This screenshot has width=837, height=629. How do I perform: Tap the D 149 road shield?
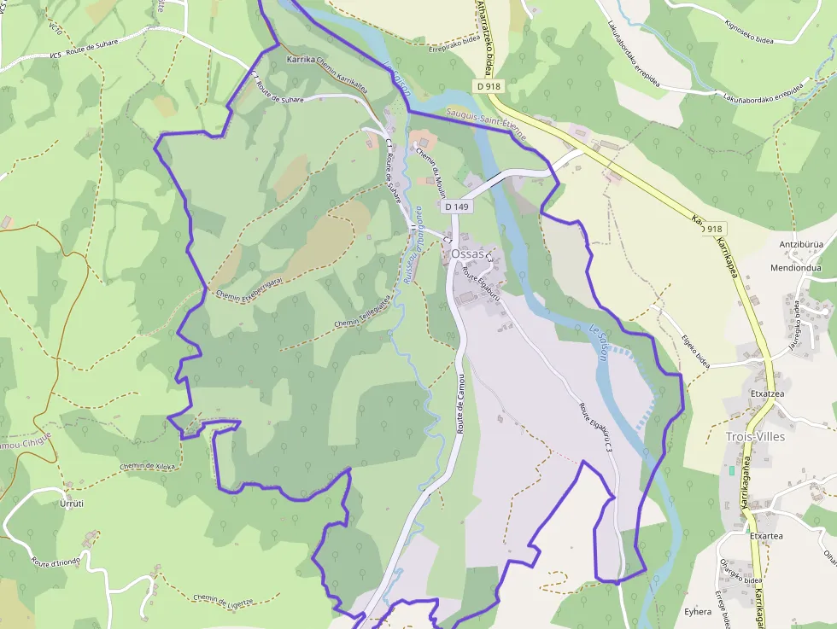coord(458,207)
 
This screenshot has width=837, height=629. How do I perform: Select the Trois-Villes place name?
coord(754,436)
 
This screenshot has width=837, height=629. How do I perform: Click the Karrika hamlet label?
coord(300,61)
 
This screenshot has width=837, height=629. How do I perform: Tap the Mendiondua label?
coord(795,267)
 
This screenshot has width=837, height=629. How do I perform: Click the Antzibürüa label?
coord(800,244)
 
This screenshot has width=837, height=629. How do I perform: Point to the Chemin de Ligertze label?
coord(223,601)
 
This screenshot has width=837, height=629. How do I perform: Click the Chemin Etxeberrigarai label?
coord(249,288)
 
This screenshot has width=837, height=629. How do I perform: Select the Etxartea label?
coord(766,536)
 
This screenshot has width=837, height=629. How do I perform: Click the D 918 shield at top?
coord(489,85)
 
